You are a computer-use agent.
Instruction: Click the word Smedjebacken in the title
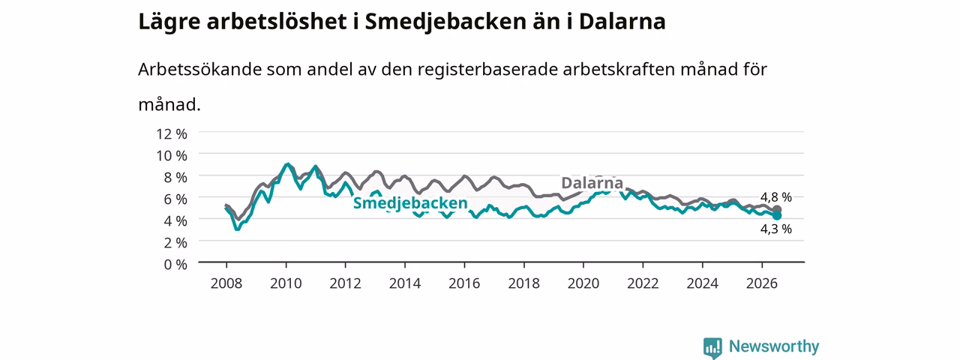pyautogui.click(x=445, y=22)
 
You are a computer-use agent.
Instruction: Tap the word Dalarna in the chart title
pyautogui.click(x=622, y=22)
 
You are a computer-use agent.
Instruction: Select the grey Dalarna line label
pyautogui.click(x=592, y=183)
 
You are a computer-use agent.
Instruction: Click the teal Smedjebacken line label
pyautogui.click(x=410, y=203)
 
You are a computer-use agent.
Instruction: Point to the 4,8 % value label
pyautogui.click(x=775, y=197)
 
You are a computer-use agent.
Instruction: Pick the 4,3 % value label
pyautogui.click(x=775, y=229)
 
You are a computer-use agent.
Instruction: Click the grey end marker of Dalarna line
pyautogui.click(x=776, y=210)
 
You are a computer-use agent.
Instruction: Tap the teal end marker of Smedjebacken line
pyautogui.click(x=776, y=215)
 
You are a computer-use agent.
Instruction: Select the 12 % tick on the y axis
pyautogui.click(x=172, y=134)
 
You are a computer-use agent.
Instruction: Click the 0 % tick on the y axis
pyautogui.click(x=175, y=265)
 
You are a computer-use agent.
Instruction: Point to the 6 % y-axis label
pyautogui.click(x=175, y=199)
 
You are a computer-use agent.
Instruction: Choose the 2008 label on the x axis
pyautogui.click(x=226, y=283)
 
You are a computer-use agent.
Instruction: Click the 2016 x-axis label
pyautogui.click(x=464, y=283)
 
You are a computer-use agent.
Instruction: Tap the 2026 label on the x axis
pyautogui.click(x=761, y=283)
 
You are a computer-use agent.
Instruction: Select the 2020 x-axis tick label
pyautogui.click(x=583, y=283)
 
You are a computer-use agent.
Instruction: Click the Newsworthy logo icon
pyautogui.click(x=712, y=347)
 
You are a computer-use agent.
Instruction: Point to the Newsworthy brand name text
pyautogui.click(x=774, y=346)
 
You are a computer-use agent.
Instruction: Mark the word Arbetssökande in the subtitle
pyautogui.click(x=199, y=70)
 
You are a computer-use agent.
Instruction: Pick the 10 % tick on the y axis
pyautogui.click(x=172, y=155)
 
